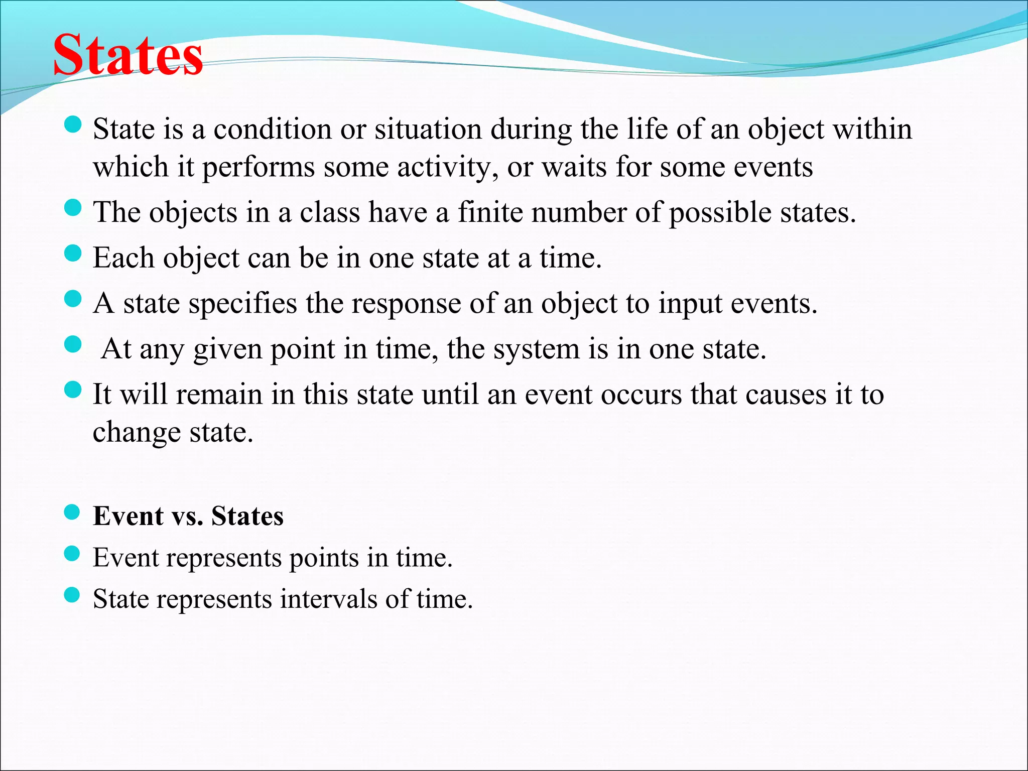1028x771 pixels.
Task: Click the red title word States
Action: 128,55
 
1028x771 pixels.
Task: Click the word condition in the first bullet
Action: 272,129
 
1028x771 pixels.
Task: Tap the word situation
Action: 428,129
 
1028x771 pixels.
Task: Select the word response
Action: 406,304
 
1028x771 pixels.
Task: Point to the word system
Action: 536,349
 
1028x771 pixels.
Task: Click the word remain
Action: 219,395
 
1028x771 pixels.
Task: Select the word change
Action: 137,433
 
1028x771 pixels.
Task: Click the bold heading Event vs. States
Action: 188,516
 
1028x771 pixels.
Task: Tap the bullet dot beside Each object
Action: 73,253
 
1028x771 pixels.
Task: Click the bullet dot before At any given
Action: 73,344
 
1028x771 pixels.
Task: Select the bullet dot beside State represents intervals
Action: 72,594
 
